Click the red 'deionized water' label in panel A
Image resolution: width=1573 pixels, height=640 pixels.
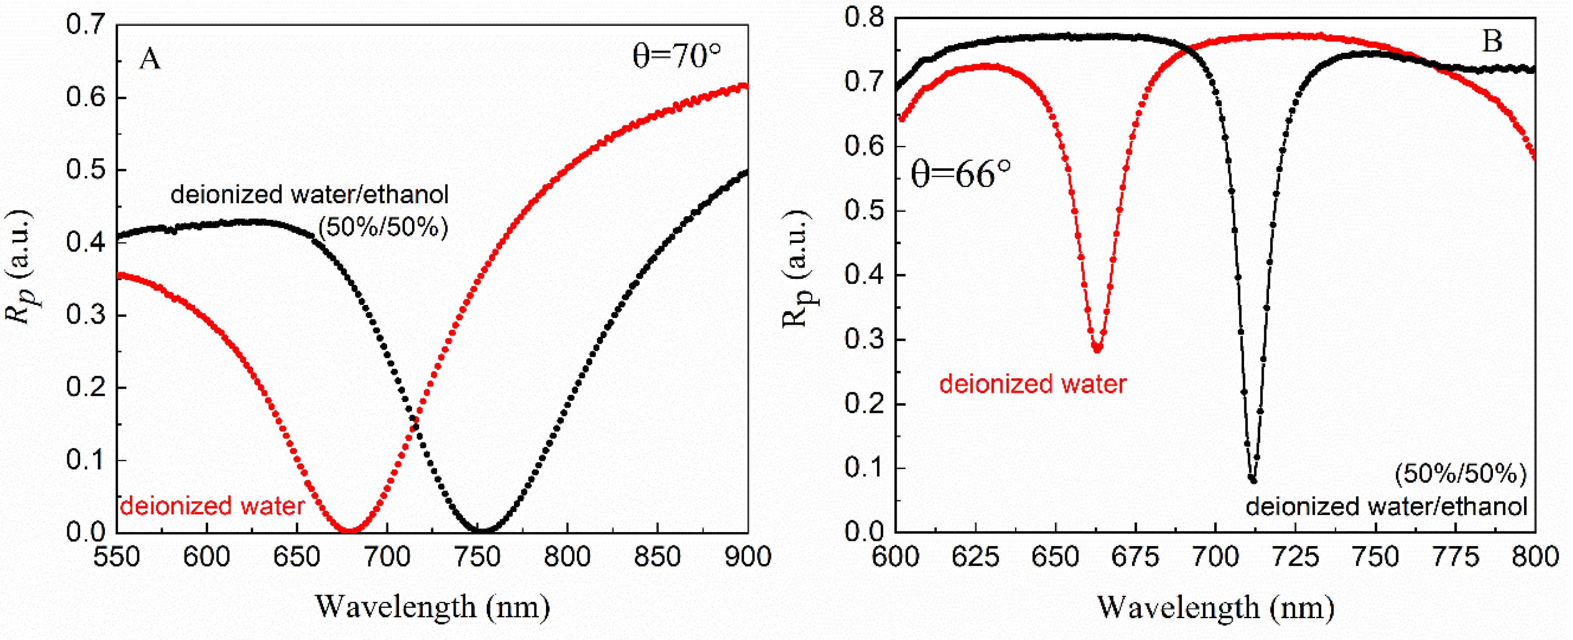click(x=212, y=506)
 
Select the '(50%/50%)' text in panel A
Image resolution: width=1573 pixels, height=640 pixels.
click(x=384, y=228)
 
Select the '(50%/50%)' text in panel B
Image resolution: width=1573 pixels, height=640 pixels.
click(x=1460, y=474)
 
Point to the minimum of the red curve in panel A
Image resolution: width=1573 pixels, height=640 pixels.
click(x=349, y=529)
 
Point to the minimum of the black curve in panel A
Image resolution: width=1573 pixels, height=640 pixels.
click(x=482, y=529)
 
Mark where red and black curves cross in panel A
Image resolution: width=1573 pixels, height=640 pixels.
click(x=415, y=421)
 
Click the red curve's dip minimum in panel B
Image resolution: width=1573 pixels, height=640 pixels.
click(x=1098, y=349)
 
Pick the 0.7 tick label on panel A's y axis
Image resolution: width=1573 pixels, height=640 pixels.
click(x=85, y=26)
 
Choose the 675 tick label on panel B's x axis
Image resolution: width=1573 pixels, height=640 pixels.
click(x=1136, y=557)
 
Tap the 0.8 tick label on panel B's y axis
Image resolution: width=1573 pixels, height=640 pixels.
click(x=864, y=18)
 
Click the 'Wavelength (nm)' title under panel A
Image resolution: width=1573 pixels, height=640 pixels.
click(x=432, y=607)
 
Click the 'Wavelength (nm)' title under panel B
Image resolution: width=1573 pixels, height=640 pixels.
click(x=1215, y=607)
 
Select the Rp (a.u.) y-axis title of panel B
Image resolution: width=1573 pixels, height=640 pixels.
click(x=797, y=268)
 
